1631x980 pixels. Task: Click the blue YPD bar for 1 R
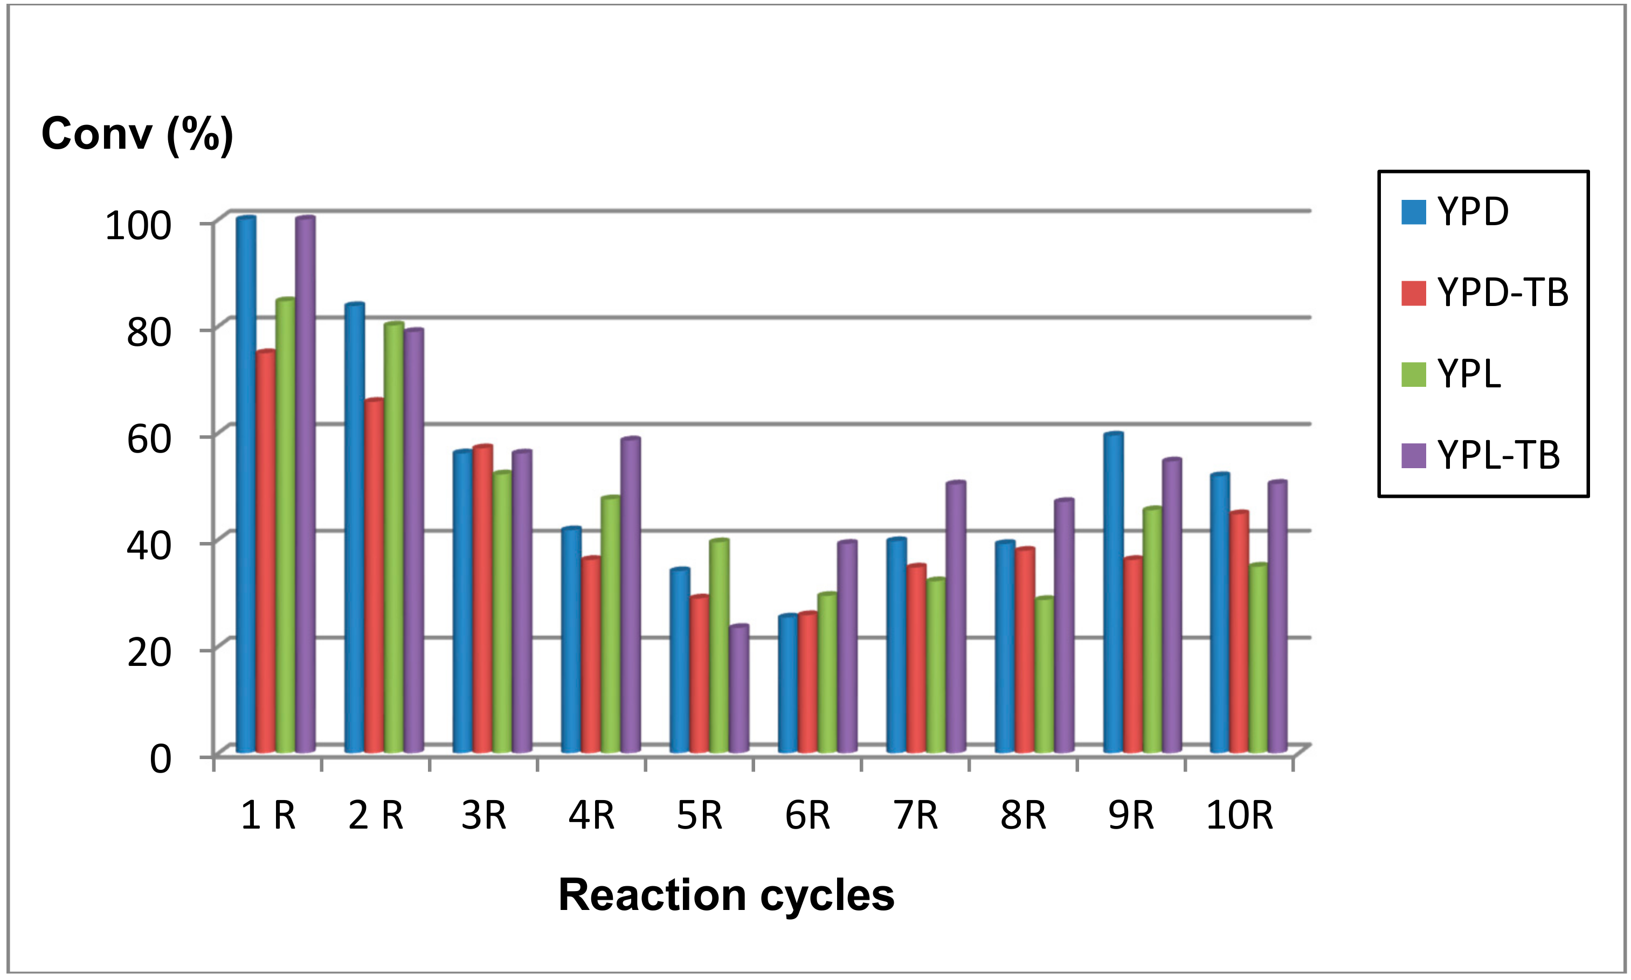[246, 485]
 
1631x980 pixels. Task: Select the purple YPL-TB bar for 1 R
[305, 485]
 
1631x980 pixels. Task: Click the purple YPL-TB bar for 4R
[630, 594]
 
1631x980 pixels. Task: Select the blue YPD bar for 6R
[787, 684]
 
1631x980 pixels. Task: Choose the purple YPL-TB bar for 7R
[955, 617]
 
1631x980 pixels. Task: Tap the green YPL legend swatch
[1413, 374]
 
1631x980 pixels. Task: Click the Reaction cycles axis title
[726, 895]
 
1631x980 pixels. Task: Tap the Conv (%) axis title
[137, 134]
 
